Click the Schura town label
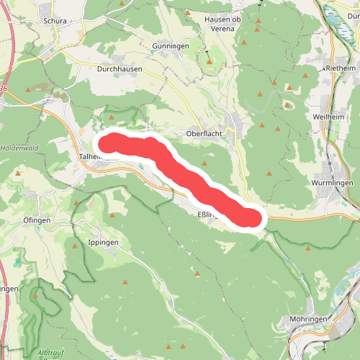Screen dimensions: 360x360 coord(54,21)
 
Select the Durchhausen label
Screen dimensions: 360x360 coord(120,70)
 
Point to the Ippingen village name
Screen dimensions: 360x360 coord(102,243)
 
